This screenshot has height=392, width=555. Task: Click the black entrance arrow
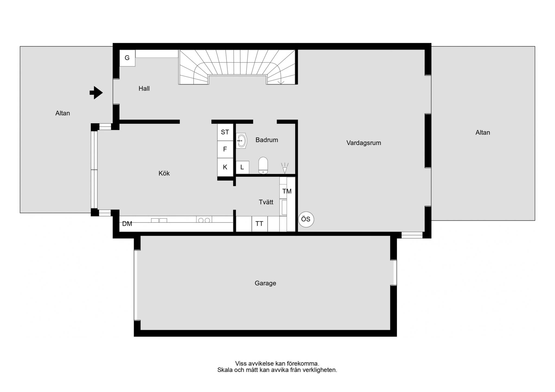coord(96,93)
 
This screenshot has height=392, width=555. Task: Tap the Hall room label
coord(144,89)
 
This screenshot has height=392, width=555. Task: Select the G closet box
coord(127,58)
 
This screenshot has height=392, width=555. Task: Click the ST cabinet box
coord(225,132)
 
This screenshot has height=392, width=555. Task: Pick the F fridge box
coord(225,149)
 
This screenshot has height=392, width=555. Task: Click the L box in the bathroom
coord(242,167)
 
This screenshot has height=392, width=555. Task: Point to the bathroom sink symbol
coord(241,141)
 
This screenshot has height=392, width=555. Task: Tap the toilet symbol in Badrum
coord(263,165)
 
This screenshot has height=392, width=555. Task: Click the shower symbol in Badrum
coord(285,168)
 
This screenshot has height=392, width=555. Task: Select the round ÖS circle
coord(306,219)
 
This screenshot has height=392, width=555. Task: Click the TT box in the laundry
coord(260,224)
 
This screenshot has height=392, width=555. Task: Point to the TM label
coord(287,191)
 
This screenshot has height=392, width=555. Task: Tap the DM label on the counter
coord(127,224)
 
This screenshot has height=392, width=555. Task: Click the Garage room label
coord(265,283)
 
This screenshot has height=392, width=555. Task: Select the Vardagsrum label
coord(364,143)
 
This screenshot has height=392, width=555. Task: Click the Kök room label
coord(164,173)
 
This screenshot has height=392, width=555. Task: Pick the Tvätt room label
coord(266,202)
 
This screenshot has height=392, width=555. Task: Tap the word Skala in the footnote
coord(225,370)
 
